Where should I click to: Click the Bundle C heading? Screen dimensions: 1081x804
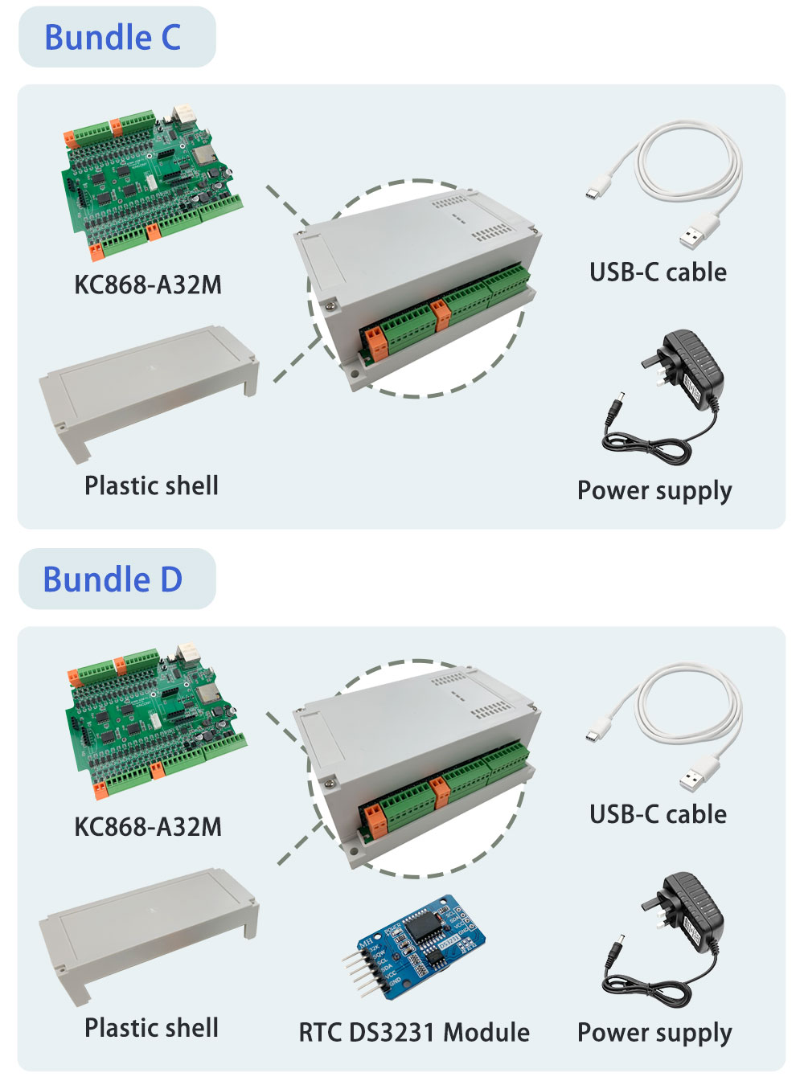coord(113,38)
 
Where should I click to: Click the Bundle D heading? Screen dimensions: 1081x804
coord(113,579)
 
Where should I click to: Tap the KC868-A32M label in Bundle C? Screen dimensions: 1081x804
coord(148,285)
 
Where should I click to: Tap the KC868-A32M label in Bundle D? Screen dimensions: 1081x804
coord(148,826)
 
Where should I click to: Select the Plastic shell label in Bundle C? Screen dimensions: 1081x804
coord(151,485)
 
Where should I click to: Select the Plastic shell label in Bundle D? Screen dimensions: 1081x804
coord(151,1027)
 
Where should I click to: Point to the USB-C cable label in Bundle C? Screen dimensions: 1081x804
coord(658,272)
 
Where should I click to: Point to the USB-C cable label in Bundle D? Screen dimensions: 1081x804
coord(658,814)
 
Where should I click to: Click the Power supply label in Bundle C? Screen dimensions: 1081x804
coord(654,490)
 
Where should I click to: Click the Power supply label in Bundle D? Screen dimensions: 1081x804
coord(654,1033)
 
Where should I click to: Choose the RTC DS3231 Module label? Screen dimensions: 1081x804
coord(414,1032)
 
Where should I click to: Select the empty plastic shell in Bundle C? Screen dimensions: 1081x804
coord(149,386)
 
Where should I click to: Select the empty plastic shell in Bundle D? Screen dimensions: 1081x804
coord(149,928)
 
